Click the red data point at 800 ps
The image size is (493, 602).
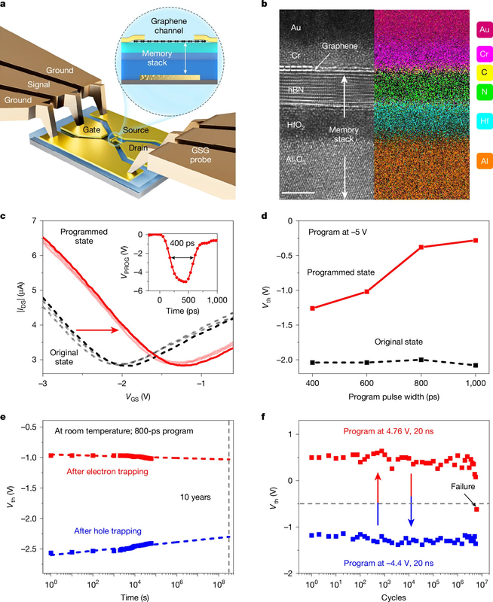(421, 247)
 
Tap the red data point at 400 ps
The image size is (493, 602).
(313, 308)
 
